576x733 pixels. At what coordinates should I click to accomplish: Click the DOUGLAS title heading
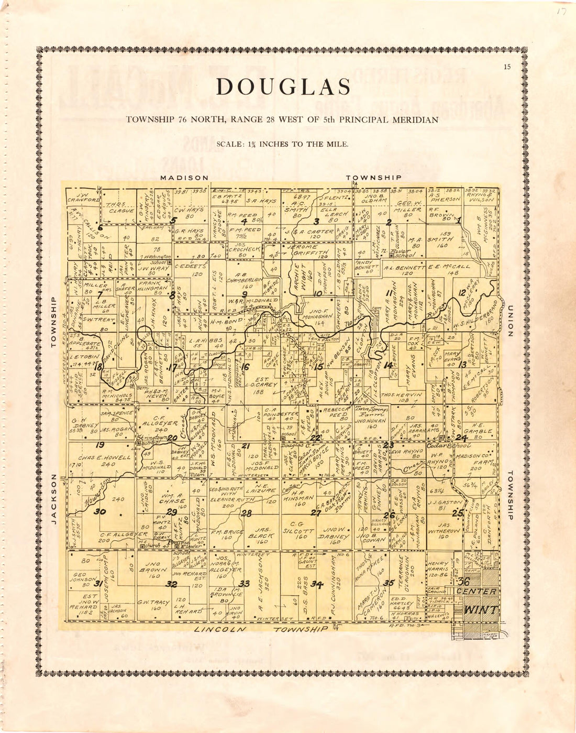283,87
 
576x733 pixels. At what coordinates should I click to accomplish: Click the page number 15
506,67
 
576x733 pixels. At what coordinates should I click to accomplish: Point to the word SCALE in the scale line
229,144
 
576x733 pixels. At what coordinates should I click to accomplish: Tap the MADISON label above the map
184,178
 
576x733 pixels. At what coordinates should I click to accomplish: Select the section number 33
244,583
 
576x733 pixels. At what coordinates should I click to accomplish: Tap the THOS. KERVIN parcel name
402,395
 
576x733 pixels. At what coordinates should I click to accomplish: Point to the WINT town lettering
481,610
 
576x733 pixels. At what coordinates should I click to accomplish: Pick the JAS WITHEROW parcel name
444,529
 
